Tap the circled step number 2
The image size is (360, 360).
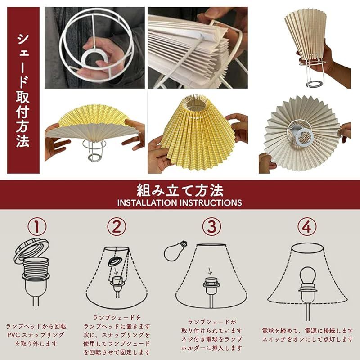click(116, 226)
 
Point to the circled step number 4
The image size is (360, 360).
click(306, 226)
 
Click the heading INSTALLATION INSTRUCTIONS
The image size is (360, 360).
click(180, 202)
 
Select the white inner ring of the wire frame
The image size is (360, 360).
click(95, 58)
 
